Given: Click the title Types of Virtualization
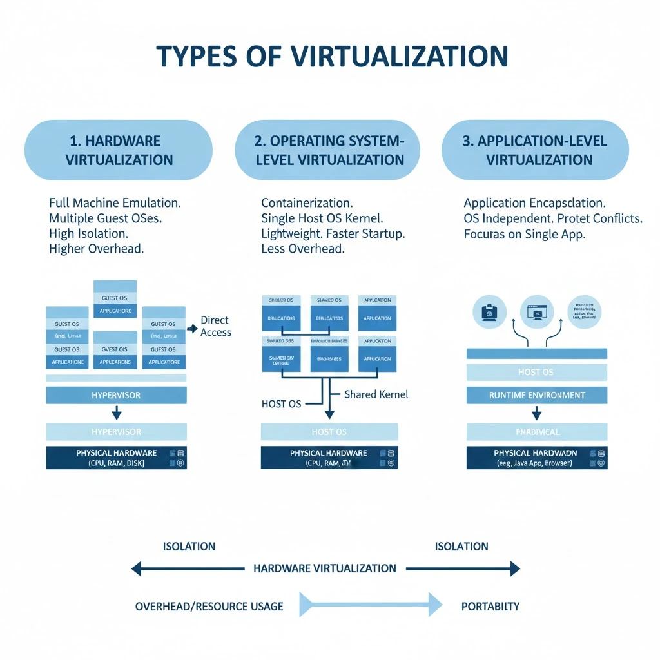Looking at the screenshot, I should click(332, 57).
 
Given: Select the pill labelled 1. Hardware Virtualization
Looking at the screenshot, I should click(119, 150).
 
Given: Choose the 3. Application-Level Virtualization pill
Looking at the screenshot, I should click(535, 150).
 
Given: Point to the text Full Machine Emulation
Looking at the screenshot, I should click(115, 202).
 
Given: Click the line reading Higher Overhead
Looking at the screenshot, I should click(97, 249).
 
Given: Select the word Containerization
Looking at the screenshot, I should click(307, 202).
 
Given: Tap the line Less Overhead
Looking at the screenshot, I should click(303, 249).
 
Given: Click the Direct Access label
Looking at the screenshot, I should click(215, 326).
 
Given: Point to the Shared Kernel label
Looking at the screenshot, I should click(376, 394).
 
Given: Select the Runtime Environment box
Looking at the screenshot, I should click(536, 395).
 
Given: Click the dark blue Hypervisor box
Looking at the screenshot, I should click(117, 395).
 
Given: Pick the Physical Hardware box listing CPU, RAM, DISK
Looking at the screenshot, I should click(117, 458).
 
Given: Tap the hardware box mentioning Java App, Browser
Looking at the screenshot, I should click(536, 458).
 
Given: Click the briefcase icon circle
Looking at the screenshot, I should click(489, 313).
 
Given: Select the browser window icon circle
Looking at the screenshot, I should click(537, 313).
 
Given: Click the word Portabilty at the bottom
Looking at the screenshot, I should click(490, 606).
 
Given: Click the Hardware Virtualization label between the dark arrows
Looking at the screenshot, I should click(325, 568).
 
